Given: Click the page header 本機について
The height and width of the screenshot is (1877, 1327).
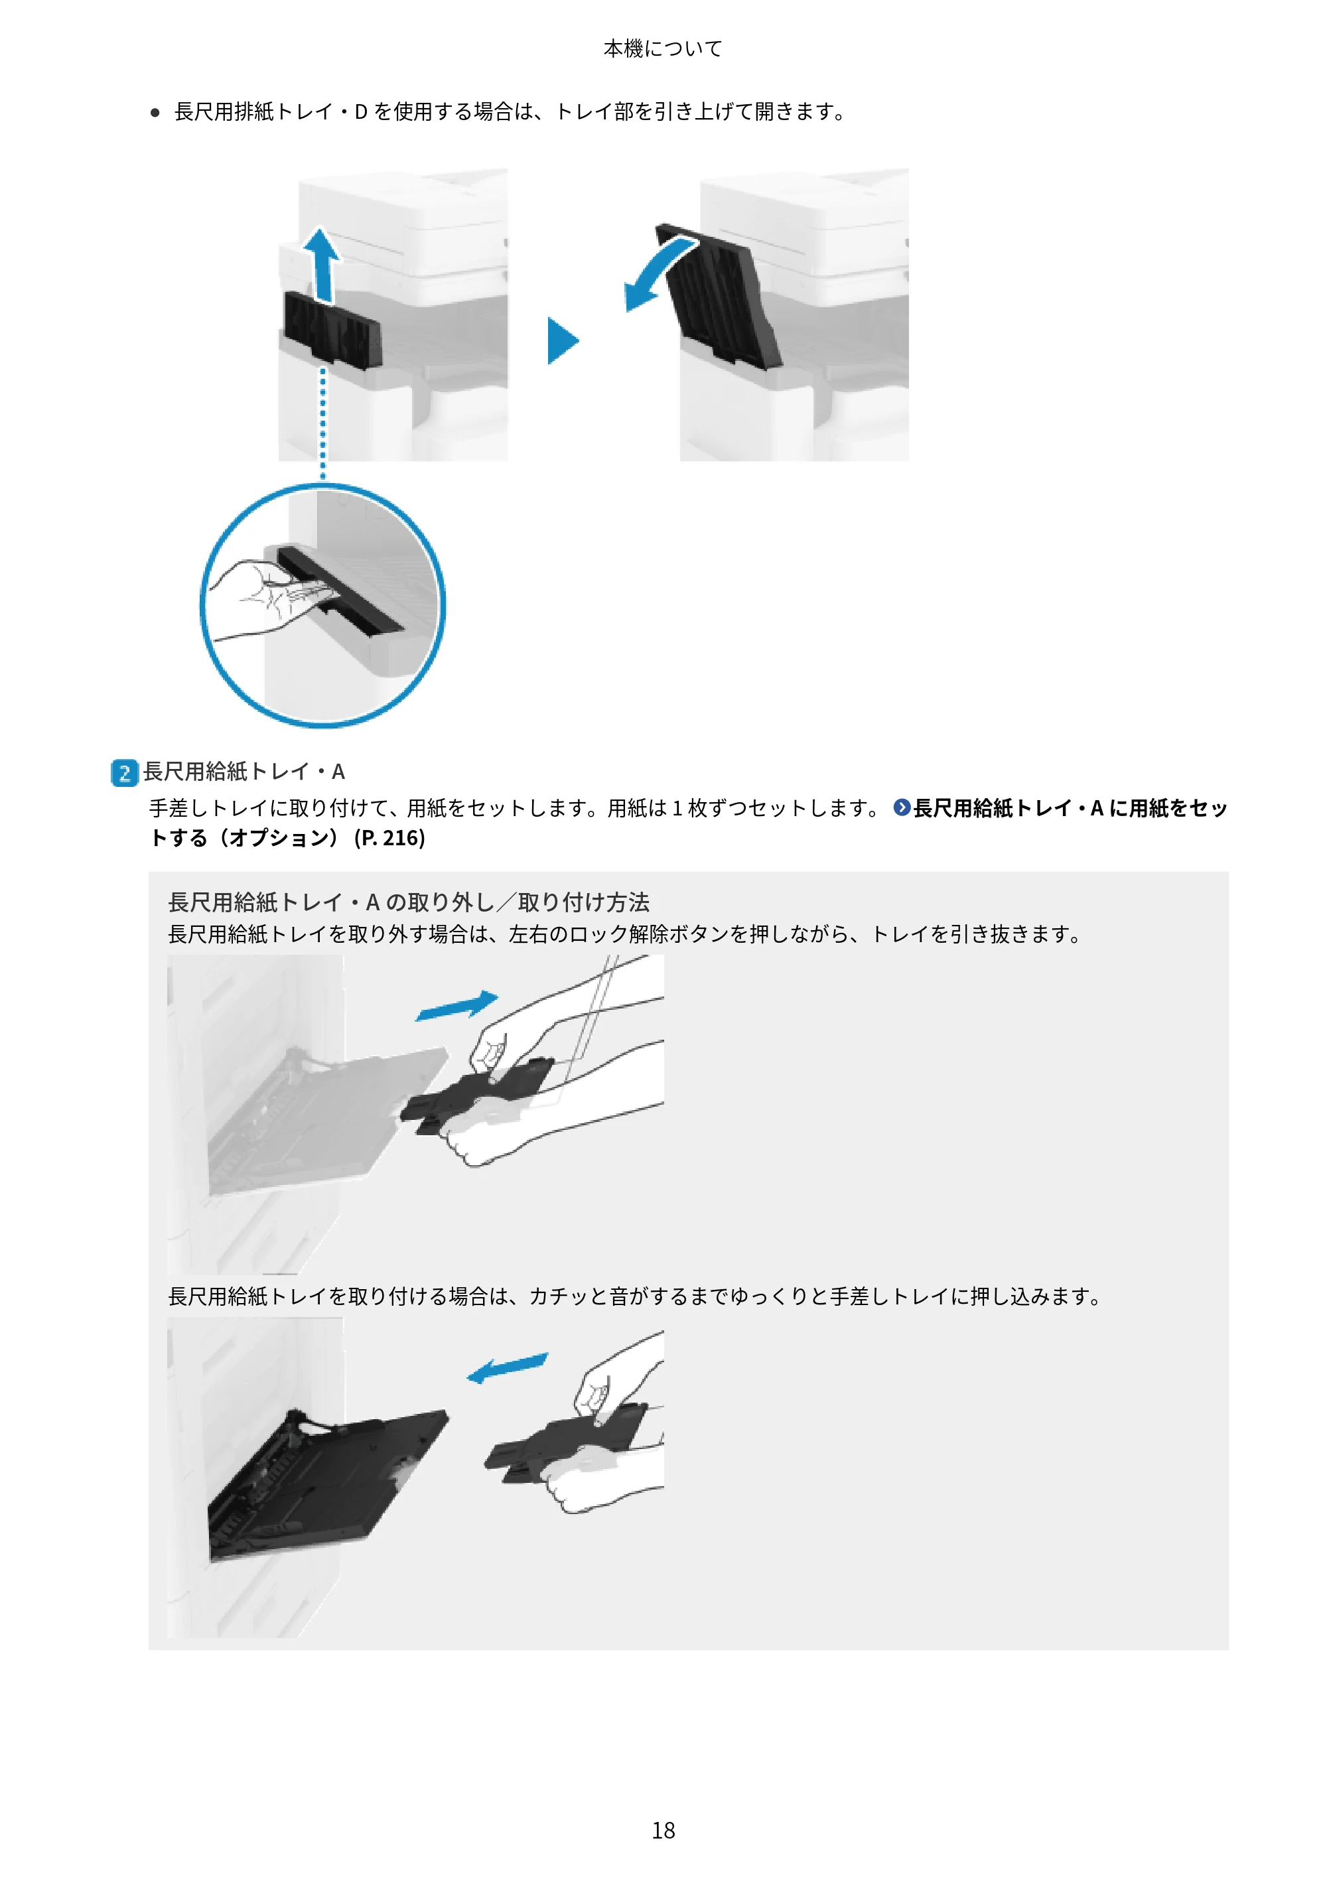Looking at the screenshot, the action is [x=662, y=49].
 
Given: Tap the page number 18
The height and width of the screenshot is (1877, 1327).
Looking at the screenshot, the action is [x=663, y=1830].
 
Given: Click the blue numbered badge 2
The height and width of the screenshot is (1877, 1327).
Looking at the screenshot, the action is [x=124, y=772].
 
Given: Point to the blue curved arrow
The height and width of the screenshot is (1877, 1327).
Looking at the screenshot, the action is [x=658, y=271].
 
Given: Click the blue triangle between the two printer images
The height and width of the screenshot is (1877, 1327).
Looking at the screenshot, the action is [x=563, y=340].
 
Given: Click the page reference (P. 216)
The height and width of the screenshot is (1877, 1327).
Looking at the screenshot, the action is [x=389, y=838].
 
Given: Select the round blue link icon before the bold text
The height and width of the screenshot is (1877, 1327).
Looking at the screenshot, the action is [x=901, y=807].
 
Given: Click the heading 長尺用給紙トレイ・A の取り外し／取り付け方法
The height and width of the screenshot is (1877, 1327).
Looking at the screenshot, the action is [x=409, y=902].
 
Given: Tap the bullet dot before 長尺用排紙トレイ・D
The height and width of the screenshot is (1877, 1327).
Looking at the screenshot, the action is [x=155, y=113].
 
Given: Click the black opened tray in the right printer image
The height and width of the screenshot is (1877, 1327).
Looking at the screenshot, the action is [x=718, y=296].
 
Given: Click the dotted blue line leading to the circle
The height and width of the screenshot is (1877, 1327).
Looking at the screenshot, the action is [x=323, y=423].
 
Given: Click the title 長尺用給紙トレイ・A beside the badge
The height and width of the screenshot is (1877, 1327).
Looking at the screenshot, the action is [x=244, y=772].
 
